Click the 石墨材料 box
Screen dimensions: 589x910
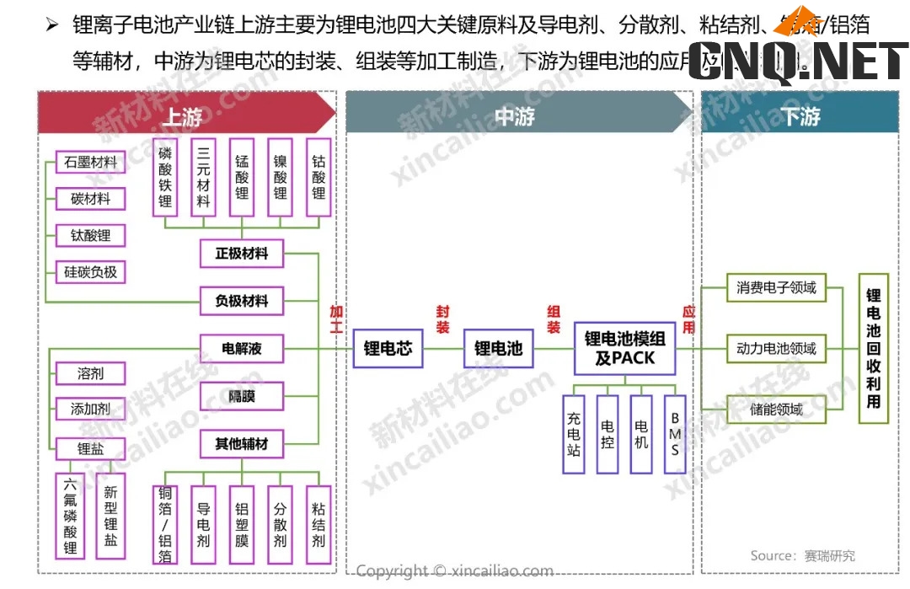point(90,162)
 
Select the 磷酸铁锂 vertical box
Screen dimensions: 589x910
point(165,178)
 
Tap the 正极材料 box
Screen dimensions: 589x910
point(242,253)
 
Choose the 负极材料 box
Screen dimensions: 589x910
point(242,301)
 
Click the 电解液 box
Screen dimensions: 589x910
point(242,348)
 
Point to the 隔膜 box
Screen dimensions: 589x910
point(242,395)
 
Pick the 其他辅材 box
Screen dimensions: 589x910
point(242,443)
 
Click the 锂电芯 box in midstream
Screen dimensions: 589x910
point(388,348)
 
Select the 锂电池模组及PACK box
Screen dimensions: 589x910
point(624,348)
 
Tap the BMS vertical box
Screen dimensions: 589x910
point(675,434)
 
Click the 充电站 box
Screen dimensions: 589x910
point(574,434)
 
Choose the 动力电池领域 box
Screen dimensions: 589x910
point(776,348)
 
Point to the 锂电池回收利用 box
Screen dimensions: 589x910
point(874,348)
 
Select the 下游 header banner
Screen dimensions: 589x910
point(800,115)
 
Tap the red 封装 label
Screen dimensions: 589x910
point(442,319)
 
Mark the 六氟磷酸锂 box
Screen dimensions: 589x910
point(71,516)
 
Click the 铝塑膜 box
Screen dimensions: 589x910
point(242,525)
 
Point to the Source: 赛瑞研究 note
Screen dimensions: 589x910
point(802,555)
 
